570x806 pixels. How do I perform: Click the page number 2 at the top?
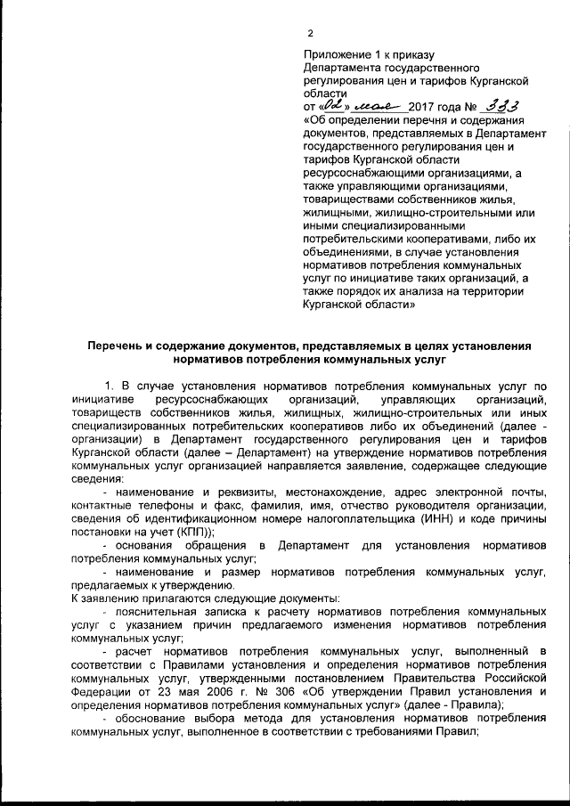pos(310,34)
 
